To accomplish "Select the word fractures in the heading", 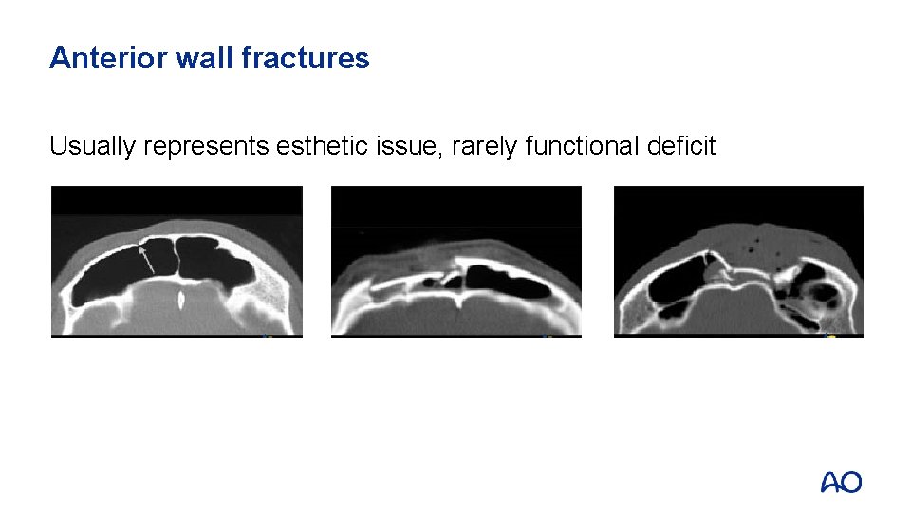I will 306,59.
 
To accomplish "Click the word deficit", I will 681,146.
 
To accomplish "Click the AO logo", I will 841,483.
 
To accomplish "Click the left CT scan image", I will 177,261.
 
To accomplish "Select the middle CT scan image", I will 455,261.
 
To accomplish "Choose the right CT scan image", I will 738,261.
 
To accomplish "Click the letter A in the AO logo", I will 830,483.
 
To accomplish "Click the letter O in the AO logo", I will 851,483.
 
